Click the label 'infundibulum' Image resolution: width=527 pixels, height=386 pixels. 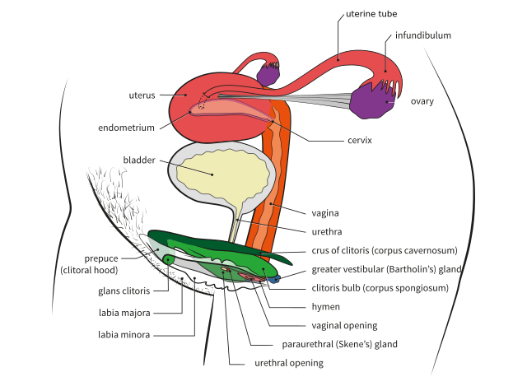click(x=423, y=36)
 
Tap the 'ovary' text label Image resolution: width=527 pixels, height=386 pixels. click(x=422, y=101)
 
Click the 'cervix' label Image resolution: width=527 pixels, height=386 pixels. click(x=360, y=141)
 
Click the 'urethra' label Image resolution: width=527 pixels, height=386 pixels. click(x=328, y=231)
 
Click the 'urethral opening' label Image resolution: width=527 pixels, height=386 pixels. click(x=287, y=363)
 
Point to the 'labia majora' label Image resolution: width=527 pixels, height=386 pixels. click(x=124, y=313)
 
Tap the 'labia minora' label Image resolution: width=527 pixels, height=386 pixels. click(x=124, y=334)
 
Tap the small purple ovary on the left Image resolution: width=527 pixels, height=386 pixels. click(x=268, y=73)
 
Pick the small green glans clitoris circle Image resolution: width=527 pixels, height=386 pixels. click(x=169, y=260)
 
